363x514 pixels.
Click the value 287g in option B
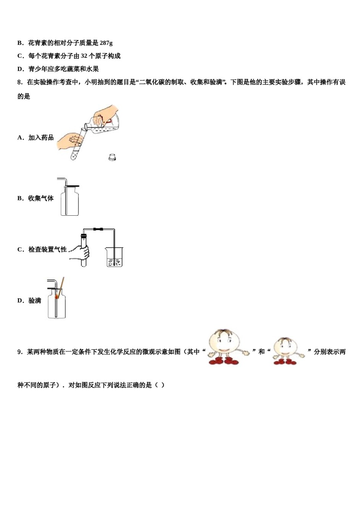106,43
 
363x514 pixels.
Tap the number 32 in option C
84,56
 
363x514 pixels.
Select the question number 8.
20,82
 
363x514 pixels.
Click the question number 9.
20,352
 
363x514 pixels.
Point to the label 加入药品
41,138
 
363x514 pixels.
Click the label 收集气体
41,198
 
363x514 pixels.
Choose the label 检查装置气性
47,249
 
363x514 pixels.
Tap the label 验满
35,301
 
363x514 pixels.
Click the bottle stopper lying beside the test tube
112,157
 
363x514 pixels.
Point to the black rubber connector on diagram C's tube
98,229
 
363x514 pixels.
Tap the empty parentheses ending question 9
160,385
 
